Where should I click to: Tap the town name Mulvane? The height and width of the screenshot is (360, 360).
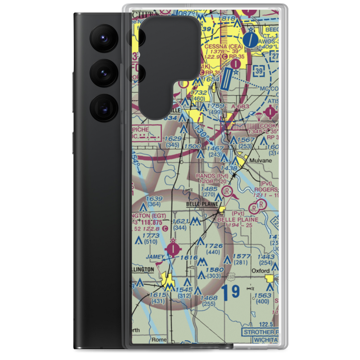coord(262,161)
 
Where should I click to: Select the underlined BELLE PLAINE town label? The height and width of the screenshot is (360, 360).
coord(202,204)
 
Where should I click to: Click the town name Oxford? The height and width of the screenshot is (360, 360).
coord(261,271)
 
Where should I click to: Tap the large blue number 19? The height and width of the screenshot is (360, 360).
coord(230,292)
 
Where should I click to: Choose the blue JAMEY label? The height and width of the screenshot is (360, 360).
coord(156,257)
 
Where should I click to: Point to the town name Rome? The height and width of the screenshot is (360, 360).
coord(159,339)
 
